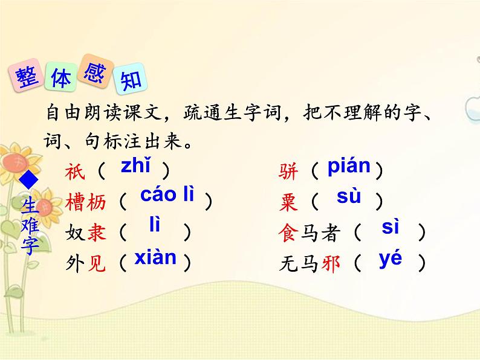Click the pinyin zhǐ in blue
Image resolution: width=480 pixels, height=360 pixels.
tap(135, 166)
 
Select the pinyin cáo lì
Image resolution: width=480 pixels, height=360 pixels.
tap(167, 194)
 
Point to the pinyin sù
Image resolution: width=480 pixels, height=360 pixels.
tap(348, 196)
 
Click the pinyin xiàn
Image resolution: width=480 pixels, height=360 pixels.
tap(155, 258)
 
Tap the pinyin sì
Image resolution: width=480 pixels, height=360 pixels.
tap(391, 228)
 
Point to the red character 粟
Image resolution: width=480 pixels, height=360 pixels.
tap(290, 203)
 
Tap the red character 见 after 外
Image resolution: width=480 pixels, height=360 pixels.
tap(97, 264)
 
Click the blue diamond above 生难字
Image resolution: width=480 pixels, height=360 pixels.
tap(29, 180)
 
